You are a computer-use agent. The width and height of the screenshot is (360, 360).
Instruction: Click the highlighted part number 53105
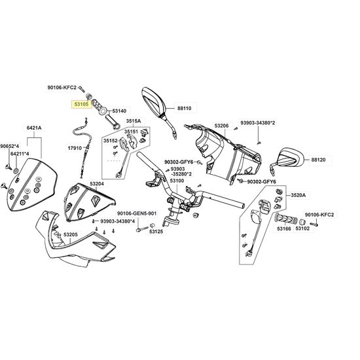[x=81, y=105]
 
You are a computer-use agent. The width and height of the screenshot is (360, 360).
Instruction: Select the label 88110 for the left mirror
[x=185, y=108]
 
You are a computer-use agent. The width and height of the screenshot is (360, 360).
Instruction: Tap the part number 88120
[x=318, y=160]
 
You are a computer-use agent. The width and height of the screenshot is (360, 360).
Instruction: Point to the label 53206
[x=221, y=126]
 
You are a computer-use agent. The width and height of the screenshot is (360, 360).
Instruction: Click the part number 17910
[x=75, y=148]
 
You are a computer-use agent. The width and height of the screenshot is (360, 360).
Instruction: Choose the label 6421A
[x=34, y=128]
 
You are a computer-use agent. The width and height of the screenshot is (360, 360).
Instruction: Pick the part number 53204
[x=97, y=184]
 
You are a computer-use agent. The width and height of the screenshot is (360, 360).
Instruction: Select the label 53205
[x=71, y=234]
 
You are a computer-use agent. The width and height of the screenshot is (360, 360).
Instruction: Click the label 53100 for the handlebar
[x=177, y=181]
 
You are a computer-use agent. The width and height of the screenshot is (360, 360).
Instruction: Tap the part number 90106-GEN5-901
[x=137, y=213]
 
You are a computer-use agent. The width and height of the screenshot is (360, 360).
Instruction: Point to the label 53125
[x=156, y=232]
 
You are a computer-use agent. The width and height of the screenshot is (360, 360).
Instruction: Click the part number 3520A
[x=298, y=195]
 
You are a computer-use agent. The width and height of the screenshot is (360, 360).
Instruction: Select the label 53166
[x=284, y=228]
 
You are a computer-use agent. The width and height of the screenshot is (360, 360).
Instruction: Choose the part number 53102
[x=302, y=228]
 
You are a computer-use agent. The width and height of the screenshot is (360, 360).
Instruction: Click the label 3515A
[x=134, y=121]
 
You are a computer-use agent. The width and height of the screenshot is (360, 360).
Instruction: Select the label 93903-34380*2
[x=258, y=123]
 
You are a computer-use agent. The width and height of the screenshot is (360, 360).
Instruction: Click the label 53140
[x=119, y=111]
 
